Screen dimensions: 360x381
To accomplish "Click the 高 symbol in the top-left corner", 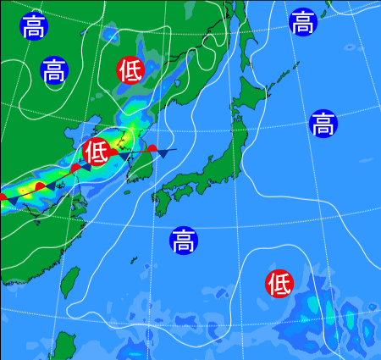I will coord(34,26).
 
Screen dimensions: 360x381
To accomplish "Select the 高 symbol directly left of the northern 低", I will coord(53,69).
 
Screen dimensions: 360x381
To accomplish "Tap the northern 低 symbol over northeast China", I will coord(130,70).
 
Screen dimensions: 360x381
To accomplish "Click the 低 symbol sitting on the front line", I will coord(96,152).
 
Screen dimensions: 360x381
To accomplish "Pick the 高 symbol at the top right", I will coord(302,23).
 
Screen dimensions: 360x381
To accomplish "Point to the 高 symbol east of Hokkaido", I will coord(322,124).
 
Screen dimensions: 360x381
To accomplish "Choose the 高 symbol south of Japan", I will coord(182,241).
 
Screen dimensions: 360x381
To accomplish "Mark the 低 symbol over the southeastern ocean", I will coord(279,283).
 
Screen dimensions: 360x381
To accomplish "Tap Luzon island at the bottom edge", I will coord(63,346).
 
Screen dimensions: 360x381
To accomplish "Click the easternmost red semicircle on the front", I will coord(152,150).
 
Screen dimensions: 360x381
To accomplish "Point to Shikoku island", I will coord(182,194).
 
